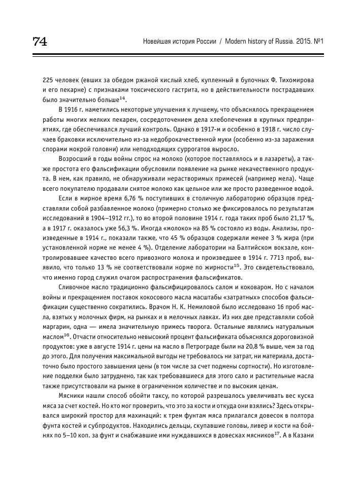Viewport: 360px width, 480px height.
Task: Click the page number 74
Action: coord(40,41)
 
